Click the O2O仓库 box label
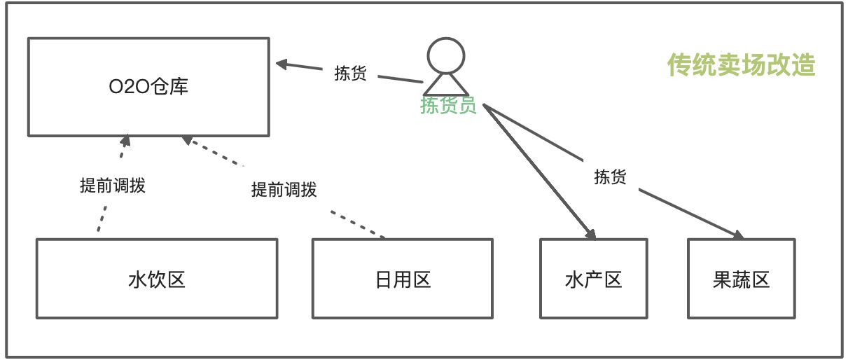[148, 88]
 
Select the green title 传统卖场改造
[742, 66]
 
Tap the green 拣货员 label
[448, 106]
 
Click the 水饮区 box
[157, 279]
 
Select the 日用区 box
[402, 279]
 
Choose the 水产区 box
[593, 279]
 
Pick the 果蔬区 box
[741, 279]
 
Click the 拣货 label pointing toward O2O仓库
[350, 74]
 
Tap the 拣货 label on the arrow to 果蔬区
[609, 176]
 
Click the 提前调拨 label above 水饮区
[113, 186]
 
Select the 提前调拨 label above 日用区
[284, 189]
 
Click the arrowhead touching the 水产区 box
[590, 233]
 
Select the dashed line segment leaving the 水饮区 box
[99, 223]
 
